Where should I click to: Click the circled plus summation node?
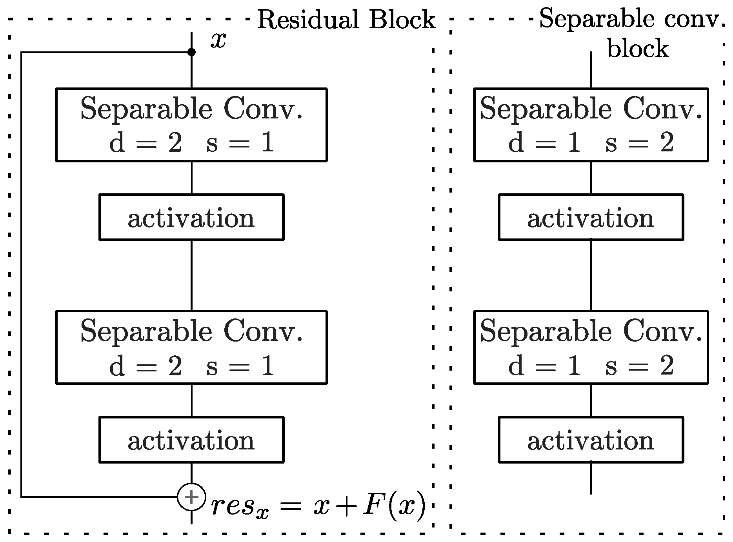click(191, 497)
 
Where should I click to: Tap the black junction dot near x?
click(191, 52)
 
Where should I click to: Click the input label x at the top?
click(218, 40)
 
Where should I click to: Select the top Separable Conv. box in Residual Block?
click(191, 125)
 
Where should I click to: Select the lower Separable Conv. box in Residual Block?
click(191, 347)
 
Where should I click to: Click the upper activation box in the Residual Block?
click(191, 217)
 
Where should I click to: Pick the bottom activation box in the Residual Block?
click(191, 440)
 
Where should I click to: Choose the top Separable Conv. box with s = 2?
click(591, 125)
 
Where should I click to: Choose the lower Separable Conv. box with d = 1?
click(591, 347)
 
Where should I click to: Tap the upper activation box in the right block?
click(591, 217)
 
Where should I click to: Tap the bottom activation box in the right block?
click(591, 440)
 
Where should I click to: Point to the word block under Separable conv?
click(638, 49)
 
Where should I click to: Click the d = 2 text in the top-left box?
click(146, 143)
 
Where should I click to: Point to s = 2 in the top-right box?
click(640, 143)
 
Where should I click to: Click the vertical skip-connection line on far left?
click(21, 275)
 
